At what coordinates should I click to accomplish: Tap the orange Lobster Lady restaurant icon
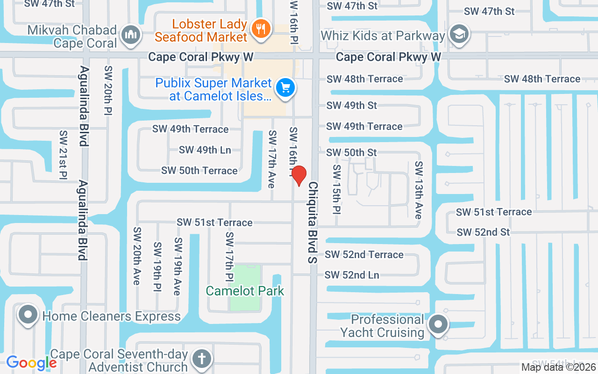(259, 29)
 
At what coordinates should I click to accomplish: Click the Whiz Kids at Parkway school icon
(459, 35)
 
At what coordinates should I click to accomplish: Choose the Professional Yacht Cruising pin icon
(438, 324)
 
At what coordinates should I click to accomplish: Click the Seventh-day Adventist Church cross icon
(201, 359)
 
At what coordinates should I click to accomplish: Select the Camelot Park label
(245, 291)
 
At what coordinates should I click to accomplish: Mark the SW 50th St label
(351, 152)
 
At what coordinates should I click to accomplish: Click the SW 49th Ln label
(205, 150)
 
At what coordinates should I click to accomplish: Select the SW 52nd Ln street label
(352, 275)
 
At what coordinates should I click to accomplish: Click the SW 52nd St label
(483, 232)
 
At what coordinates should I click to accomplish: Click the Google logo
(31, 362)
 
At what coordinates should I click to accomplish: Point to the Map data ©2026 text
(559, 367)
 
